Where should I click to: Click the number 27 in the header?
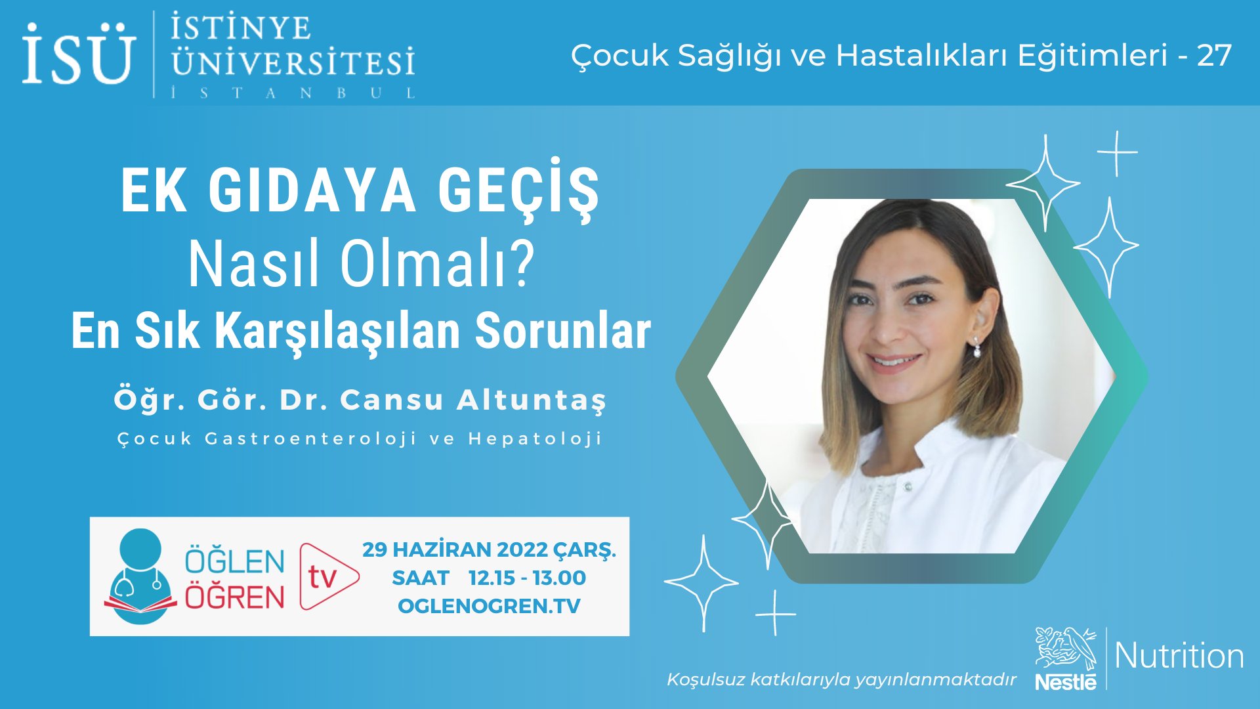[x=1214, y=56]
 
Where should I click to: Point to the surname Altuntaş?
[x=532, y=400]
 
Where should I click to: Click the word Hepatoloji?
[x=535, y=439]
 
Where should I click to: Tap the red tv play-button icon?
[x=328, y=576]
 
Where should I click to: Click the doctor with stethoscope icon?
[x=140, y=576]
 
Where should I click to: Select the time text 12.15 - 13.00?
[x=527, y=578]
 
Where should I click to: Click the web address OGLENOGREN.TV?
[x=489, y=605]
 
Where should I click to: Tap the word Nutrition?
[x=1179, y=656]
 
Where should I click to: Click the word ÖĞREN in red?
[x=234, y=597]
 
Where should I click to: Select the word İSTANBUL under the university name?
[x=293, y=93]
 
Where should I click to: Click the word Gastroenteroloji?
[x=310, y=439]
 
